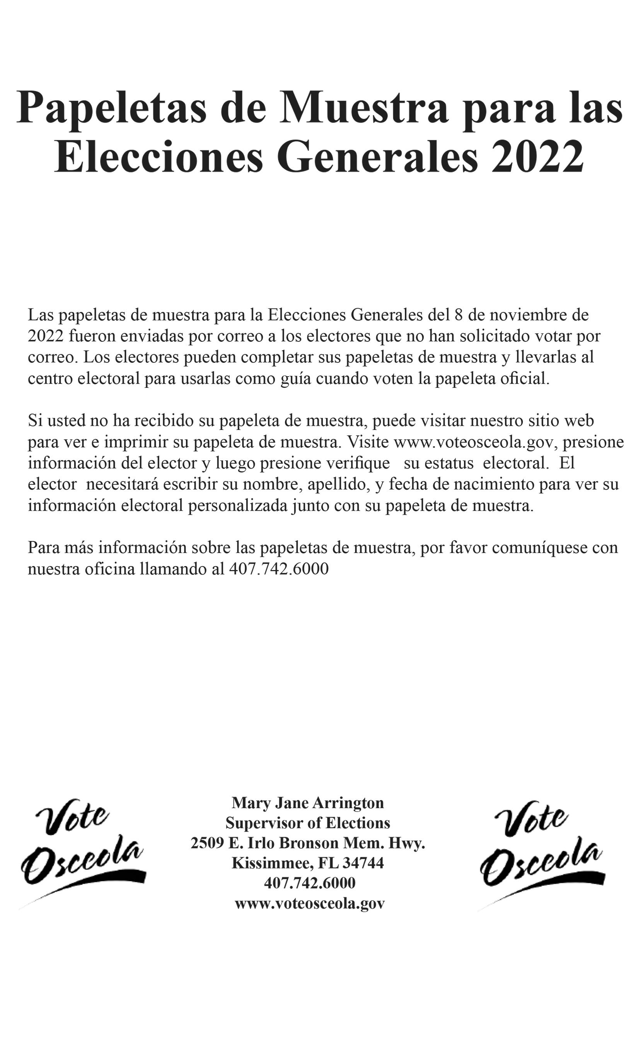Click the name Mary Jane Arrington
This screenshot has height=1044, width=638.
pos(307,802)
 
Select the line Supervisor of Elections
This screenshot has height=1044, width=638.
pos(307,822)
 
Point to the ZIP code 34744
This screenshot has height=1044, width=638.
pos(363,863)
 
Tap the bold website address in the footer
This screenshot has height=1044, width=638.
pos(310,903)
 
